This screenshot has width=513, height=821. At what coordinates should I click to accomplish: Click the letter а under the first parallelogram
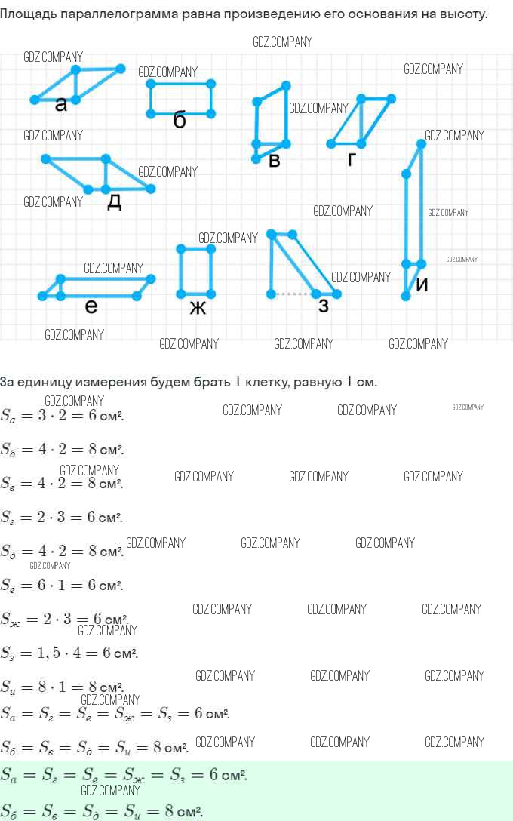click(x=61, y=105)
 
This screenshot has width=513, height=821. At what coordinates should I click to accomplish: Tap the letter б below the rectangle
click(x=180, y=120)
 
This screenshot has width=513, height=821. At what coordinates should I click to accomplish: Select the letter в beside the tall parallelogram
click(x=275, y=160)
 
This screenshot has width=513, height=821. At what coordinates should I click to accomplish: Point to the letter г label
click(x=352, y=159)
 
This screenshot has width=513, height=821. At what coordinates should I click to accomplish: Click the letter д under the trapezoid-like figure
click(x=114, y=201)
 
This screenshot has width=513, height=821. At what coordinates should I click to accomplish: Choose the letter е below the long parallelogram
click(x=91, y=306)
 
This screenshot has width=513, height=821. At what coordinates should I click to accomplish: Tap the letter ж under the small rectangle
click(x=198, y=307)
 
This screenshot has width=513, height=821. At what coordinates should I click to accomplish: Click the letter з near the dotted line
click(x=324, y=306)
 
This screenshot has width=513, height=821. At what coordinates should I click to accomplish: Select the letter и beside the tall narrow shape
click(x=422, y=285)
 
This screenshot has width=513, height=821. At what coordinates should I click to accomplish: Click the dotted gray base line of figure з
click(x=294, y=294)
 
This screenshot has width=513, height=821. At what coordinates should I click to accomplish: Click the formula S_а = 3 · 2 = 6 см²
click(x=63, y=416)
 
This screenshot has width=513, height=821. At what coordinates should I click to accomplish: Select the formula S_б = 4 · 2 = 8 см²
click(x=63, y=450)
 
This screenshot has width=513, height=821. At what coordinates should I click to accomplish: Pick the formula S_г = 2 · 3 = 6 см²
click(x=62, y=517)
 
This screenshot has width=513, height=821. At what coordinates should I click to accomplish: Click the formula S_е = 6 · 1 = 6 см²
click(x=62, y=585)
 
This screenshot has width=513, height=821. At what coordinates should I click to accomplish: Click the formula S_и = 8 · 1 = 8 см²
click(x=62, y=687)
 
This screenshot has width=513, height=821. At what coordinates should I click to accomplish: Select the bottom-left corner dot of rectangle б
click(x=151, y=113)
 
